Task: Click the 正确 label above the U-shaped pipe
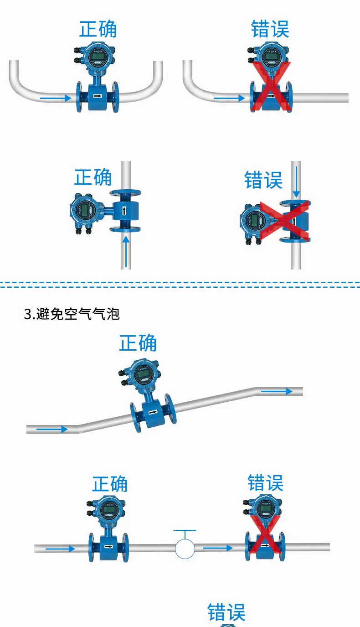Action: coord(98,29)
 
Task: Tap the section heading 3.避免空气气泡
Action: coord(72,314)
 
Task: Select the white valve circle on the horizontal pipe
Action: coord(185,549)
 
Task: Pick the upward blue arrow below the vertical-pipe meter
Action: coord(126,252)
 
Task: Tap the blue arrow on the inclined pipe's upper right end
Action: coord(277,391)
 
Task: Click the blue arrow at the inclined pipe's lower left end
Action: coord(52,429)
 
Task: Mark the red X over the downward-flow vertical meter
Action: coord(284,221)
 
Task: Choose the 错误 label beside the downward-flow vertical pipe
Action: coord(263,180)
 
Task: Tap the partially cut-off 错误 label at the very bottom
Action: coord(226,612)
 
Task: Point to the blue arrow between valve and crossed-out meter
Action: coord(218,548)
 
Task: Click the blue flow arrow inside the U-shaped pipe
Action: coord(56,98)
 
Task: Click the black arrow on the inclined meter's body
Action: coord(153,412)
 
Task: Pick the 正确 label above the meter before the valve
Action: coord(110,484)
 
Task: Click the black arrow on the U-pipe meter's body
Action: coord(98,96)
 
